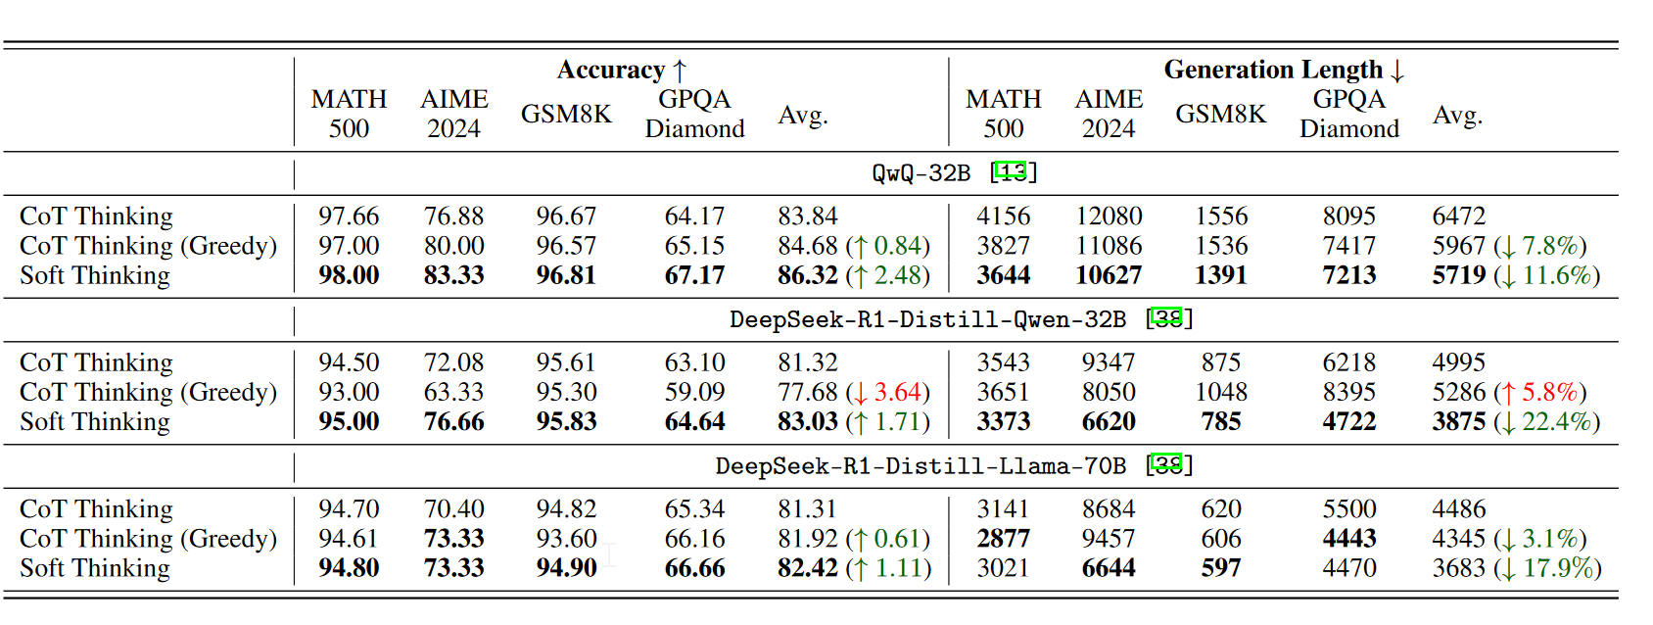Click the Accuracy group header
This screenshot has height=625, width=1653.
pyautogui.click(x=622, y=71)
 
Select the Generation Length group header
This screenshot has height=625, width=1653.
pyautogui.click(x=1283, y=71)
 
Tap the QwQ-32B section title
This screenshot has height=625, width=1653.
pyautogui.click(x=921, y=173)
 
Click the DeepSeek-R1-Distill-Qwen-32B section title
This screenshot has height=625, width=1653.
pyautogui.click(x=927, y=319)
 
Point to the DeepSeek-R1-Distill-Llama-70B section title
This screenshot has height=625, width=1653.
pyautogui.click(x=921, y=466)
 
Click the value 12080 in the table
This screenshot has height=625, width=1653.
pyautogui.click(x=1109, y=216)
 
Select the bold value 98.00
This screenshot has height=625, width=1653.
pyautogui.click(x=349, y=275)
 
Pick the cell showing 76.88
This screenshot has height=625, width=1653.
pyautogui.click(x=453, y=216)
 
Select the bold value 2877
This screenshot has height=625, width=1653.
pyautogui.click(x=1004, y=539)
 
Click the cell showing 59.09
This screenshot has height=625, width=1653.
pyautogui.click(x=694, y=393)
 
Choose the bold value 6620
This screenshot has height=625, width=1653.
pyautogui.click(x=1109, y=422)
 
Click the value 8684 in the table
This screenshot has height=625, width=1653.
pyautogui.click(x=1109, y=509)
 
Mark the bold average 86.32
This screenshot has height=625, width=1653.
pyautogui.click(x=808, y=275)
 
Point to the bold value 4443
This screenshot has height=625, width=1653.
pyautogui.click(x=1349, y=539)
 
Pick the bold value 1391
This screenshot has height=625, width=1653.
pyautogui.click(x=1221, y=275)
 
